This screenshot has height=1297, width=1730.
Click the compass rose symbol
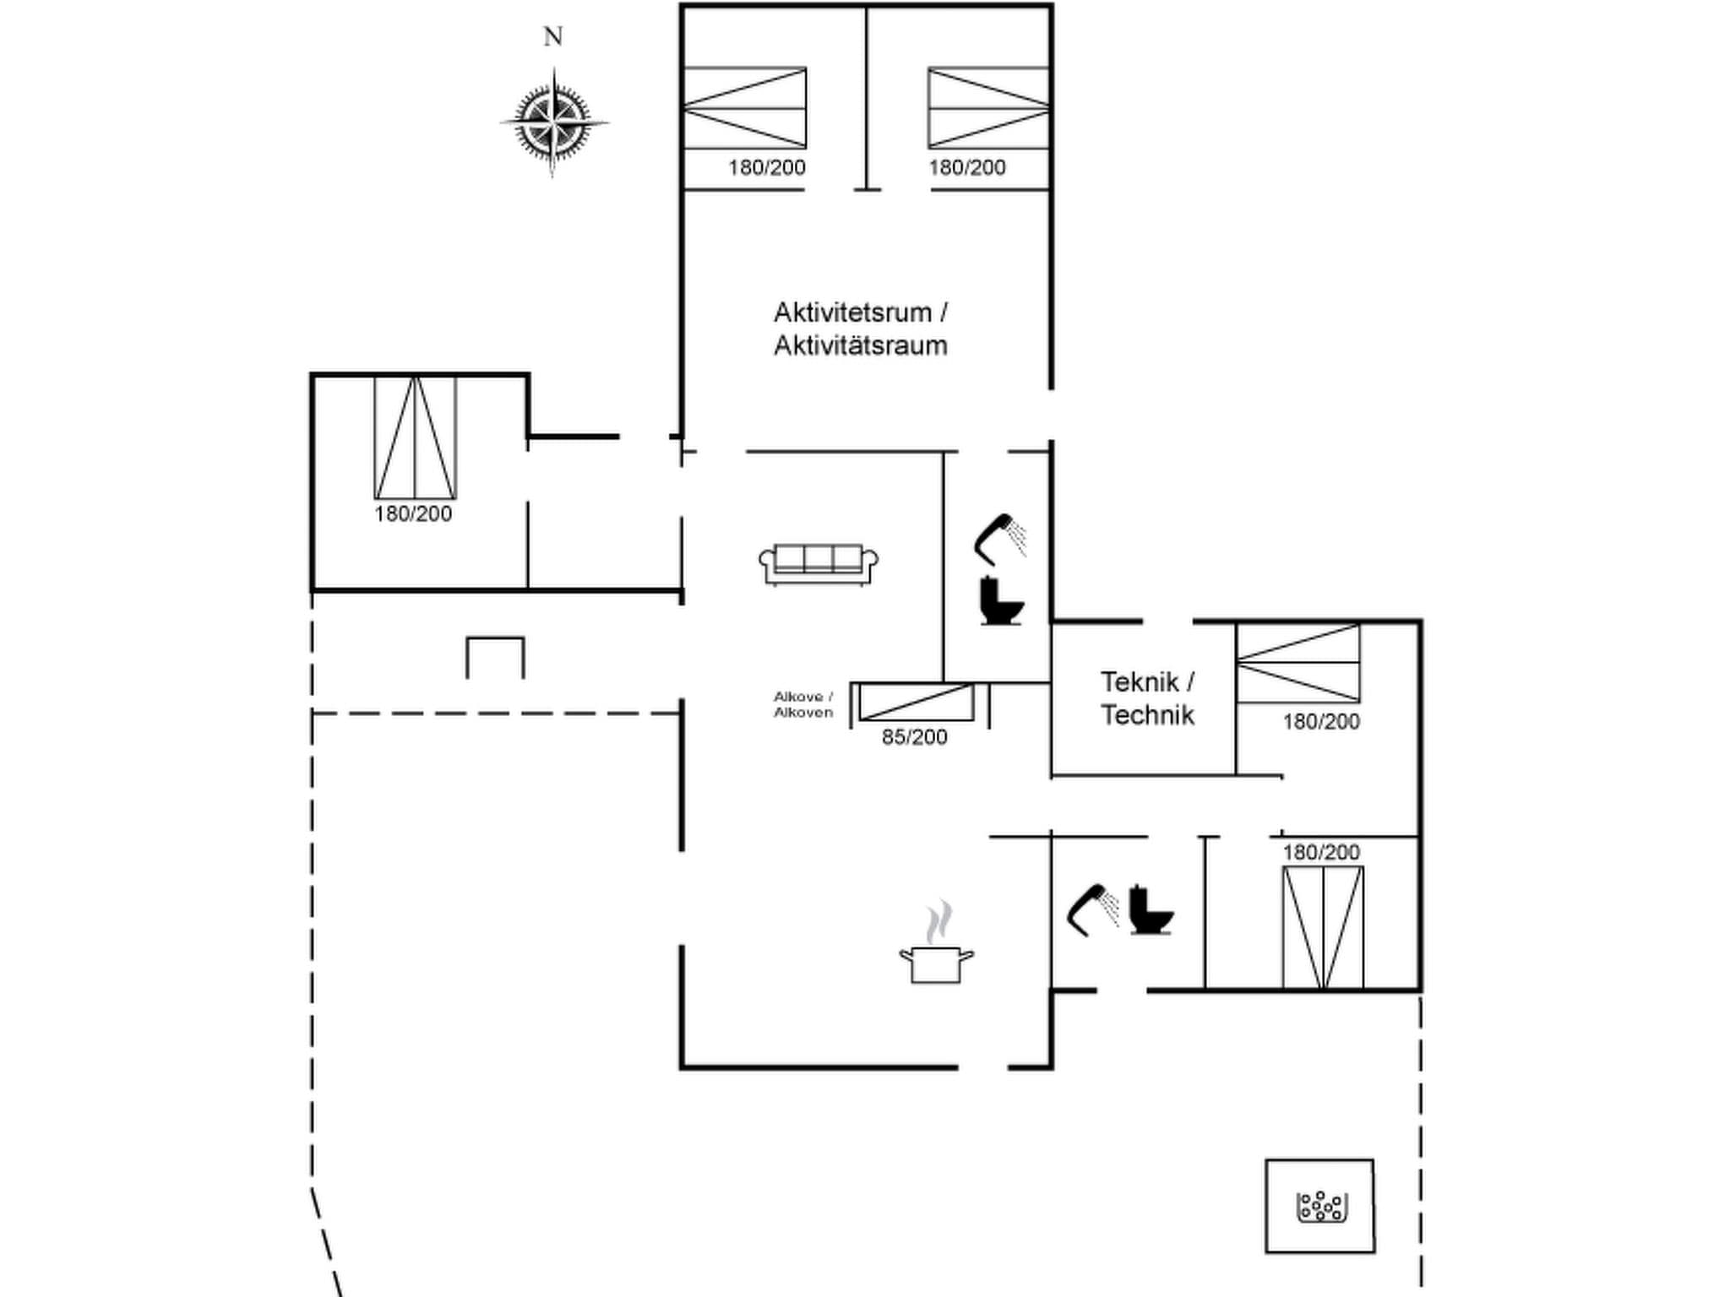coord(553,123)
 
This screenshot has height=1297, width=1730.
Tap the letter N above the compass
coord(552,37)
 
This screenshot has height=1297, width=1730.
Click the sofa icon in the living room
coord(818,563)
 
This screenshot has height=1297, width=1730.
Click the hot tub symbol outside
coord(1319,1207)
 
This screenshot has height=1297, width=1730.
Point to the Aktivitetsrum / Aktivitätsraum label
coord(860,328)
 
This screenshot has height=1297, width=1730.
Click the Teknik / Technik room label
coord(1146,698)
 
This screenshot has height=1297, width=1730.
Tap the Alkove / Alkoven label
coord(803,704)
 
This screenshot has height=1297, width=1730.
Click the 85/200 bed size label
coord(914,737)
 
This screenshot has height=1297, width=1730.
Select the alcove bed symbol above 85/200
coord(916,702)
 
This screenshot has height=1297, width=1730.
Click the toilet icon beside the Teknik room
coord(1001,600)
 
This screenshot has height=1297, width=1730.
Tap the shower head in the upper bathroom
coord(1000,537)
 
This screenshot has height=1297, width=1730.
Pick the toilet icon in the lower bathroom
coord(1151,909)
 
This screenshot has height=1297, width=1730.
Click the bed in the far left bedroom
coord(415,437)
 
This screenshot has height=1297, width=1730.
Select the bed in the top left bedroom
coord(744,108)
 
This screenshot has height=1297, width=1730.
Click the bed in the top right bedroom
coord(988,108)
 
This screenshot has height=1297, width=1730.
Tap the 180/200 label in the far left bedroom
coord(413,513)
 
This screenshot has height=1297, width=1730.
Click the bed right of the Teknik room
coord(1297,663)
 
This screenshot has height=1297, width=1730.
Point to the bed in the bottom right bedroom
coord(1322,927)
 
